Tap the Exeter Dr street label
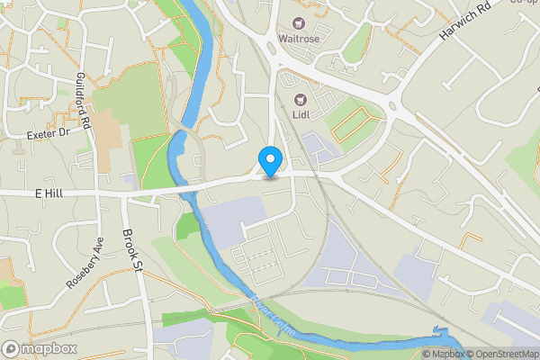pyautogui.click(x=48, y=132)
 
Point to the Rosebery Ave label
pyautogui.click(x=85, y=262)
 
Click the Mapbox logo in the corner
pyautogui.click(x=36, y=348)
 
